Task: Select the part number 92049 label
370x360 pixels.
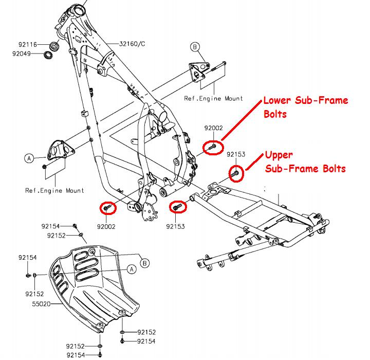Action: click(22, 53)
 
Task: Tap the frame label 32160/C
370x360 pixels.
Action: click(132, 44)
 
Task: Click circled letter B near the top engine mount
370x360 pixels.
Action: click(195, 47)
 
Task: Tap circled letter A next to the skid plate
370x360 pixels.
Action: click(131, 268)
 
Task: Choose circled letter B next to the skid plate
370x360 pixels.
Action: click(145, 263)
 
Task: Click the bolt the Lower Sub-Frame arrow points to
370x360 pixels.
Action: click(212, 148)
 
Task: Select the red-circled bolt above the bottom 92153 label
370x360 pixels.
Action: click(178, 206)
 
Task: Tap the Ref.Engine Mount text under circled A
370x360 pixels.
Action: click(54, 190)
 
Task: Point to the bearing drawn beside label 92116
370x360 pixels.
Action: click(54, 45)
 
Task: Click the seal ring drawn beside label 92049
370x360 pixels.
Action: click(48, 54)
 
